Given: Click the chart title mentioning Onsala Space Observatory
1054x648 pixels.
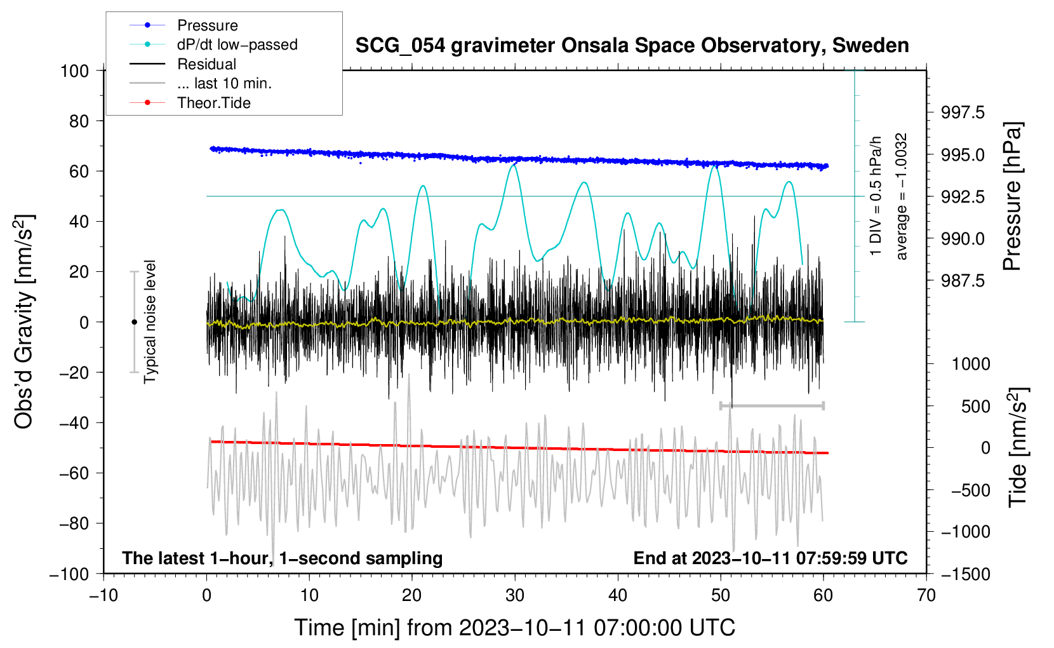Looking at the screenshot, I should click(x=632, y=46).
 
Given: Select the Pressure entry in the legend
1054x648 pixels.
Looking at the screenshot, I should click(x=207, y=25).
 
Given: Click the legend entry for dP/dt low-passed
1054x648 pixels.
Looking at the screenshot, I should click(x=237, y=45).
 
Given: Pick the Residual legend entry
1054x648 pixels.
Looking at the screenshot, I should click(x=206, y=64).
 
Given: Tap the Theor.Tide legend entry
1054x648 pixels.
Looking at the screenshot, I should click(x=213, y=103).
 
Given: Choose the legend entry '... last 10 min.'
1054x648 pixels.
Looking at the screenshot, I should click(x=224, y=84).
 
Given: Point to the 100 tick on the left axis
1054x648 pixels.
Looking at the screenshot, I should click(x=74, y=71).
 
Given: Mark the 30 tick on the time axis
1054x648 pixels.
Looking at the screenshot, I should click(x=515, y=595).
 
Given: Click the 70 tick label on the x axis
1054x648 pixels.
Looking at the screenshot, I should click(x=926, y=595).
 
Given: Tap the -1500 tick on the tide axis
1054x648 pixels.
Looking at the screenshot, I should click(x=965, y=574).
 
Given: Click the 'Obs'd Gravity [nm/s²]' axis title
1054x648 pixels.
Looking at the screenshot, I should click(x=24, y=321).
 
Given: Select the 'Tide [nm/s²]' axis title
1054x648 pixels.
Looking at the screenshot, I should click(x=1018, y=447).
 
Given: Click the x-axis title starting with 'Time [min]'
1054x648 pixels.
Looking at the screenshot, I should click(x=514, y=628).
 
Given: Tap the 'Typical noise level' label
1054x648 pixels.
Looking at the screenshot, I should click(x=150, y=321).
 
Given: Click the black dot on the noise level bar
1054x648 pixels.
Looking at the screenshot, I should click(x=134, y=322).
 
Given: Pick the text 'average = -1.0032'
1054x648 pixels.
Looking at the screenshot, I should click(x=902, y=197).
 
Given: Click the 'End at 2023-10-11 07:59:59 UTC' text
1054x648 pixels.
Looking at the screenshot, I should click(x=770, y=558).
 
